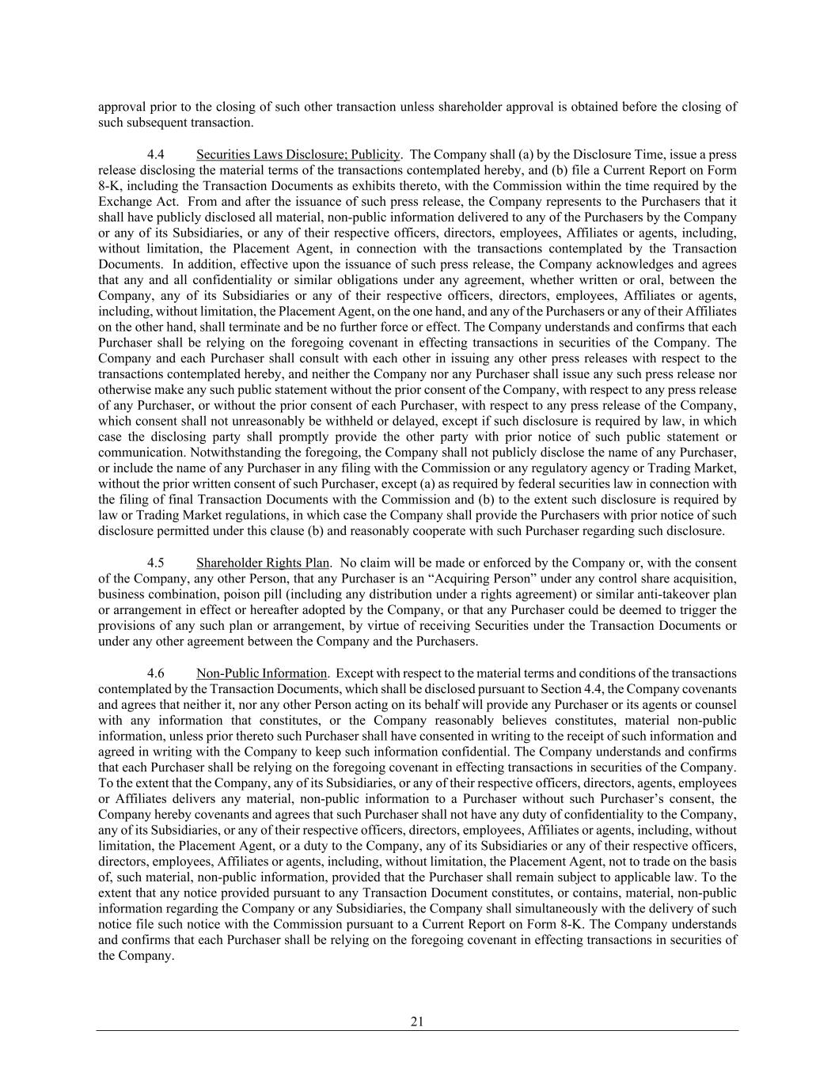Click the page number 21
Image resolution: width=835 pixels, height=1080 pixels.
417,1021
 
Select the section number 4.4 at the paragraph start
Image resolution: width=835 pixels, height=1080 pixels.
155,154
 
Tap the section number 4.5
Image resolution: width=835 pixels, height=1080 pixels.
155,563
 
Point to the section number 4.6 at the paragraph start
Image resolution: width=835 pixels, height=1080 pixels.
155,673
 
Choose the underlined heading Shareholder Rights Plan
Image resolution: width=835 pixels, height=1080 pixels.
262,563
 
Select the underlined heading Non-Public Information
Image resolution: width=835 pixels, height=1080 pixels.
261,673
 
